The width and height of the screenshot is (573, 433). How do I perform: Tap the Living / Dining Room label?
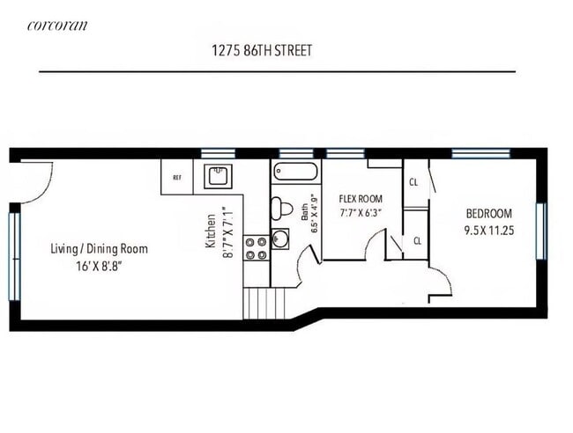click(x=99, y=249)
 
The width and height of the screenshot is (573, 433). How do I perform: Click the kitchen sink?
click(x=216, y=177)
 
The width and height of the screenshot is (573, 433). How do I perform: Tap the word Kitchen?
click(x=211, y=232)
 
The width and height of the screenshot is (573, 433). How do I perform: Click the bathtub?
click(x=294, y=172)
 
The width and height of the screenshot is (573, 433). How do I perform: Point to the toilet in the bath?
click(x=281, y=209)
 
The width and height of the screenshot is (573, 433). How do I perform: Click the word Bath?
click(x=303, y=212)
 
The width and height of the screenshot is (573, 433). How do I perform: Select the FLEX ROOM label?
click(x=357, y=199)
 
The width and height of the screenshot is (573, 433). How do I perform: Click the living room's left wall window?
click(x=14, y=255)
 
